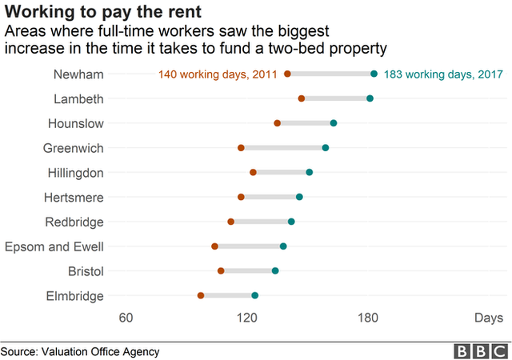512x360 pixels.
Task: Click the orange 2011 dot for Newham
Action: pyautogui.click(x=287, y=74)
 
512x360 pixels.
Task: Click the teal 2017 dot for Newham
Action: pyautogui.click(x=374, y=74)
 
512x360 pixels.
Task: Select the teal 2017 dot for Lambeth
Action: pyautogui.click(x=370, y=98)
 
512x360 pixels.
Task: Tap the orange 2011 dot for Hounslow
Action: pyautogui.click(x=278, y=123)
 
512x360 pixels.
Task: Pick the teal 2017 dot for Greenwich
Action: pyautogui.click(x=326, y=148)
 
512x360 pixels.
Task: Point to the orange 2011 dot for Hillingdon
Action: pyautogui.click(x=253, y=172)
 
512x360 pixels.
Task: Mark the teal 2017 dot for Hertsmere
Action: pyautogui.click(x=299, y=197)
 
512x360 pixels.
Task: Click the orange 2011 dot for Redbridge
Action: pyautogui.click(x=231, y=222)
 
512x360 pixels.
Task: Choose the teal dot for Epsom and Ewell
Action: pyautogui.click(x=283, y=246)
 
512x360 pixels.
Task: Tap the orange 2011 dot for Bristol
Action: pyautogui.click(x=221, y=271)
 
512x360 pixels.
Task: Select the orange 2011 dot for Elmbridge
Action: pyautogui.click(x=201, y=296)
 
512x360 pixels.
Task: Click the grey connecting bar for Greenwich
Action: pyautogui.click(x=283, y=148)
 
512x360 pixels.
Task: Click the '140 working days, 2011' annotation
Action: pyautogui.click(x=218, y=74)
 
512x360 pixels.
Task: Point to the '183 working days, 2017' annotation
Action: pyautogui.click(x=443, y=74)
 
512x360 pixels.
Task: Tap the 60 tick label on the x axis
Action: pyautogui.click(x=126, y=318)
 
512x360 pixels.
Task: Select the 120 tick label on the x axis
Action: pyautogui.click(x=247, y=318)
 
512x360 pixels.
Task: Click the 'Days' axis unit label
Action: pyautogui.click(x=488, y=318)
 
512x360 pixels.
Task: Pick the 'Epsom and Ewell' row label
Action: pyautogui.click(x=54, y=246)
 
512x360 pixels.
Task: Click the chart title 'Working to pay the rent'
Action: pyautogui.click(x=102, y=12)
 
